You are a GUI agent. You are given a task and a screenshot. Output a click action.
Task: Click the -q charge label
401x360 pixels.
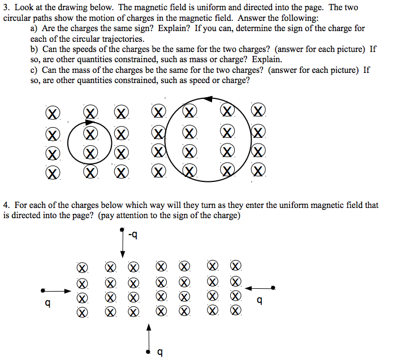(x=133, y=235)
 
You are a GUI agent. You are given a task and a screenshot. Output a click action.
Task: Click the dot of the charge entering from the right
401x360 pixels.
(x=274, y=288)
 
